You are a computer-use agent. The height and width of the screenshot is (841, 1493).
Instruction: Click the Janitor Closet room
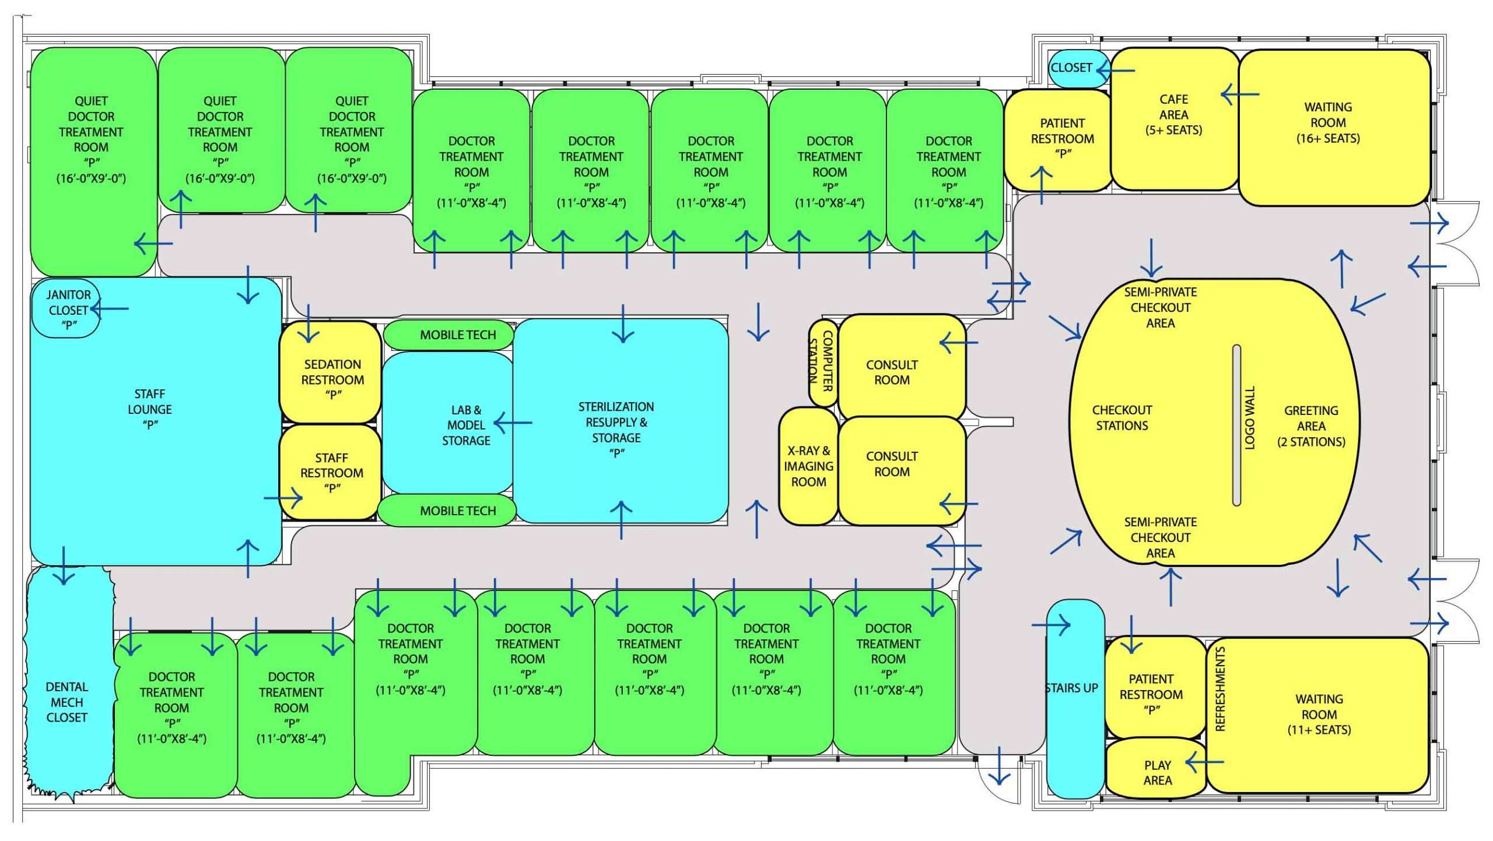[66, 309]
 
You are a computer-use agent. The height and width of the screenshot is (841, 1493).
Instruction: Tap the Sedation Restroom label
[332, 379]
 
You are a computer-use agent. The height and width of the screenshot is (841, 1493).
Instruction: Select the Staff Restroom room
[331, 473]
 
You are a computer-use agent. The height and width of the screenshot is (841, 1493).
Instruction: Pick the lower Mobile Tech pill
[448, 511]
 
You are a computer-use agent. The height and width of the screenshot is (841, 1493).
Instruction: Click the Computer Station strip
[822, 362]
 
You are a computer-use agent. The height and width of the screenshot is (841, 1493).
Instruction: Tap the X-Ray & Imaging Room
[808, 466]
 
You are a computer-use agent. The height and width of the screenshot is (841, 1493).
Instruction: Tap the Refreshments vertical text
[1219, 688]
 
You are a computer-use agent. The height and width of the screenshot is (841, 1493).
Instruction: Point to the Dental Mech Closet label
[67, 702]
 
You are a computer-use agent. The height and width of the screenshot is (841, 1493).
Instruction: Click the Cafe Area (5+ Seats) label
[1173, 115]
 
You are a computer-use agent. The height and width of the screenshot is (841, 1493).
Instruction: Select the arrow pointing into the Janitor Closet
[110, 308]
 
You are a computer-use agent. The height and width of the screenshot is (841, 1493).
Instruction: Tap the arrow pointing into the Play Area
[1205, 762]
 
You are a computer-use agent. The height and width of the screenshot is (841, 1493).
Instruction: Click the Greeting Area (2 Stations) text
[1311, 426]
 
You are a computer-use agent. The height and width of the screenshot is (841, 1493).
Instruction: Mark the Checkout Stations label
[1121, 418]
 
